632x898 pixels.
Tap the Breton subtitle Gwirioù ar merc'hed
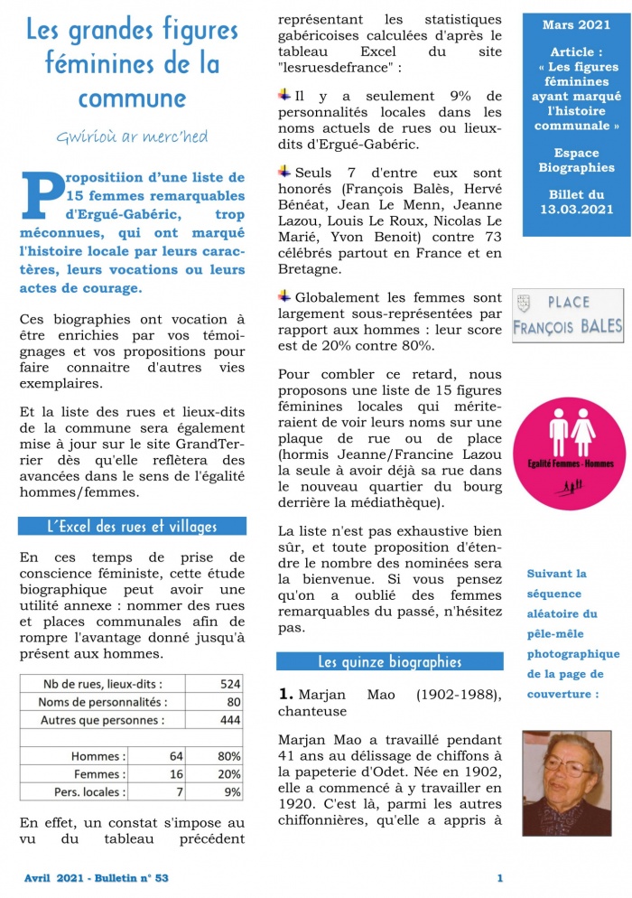(132, 137)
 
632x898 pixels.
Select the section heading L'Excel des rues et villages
(132, 526)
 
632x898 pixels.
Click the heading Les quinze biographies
(389, 661)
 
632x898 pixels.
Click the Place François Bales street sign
(568, 315)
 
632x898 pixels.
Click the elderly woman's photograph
(569, 782)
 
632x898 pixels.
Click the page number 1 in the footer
(499, 877)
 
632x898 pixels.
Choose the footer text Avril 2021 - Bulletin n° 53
(96, 877)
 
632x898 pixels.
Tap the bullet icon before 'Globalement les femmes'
(284, 295)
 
